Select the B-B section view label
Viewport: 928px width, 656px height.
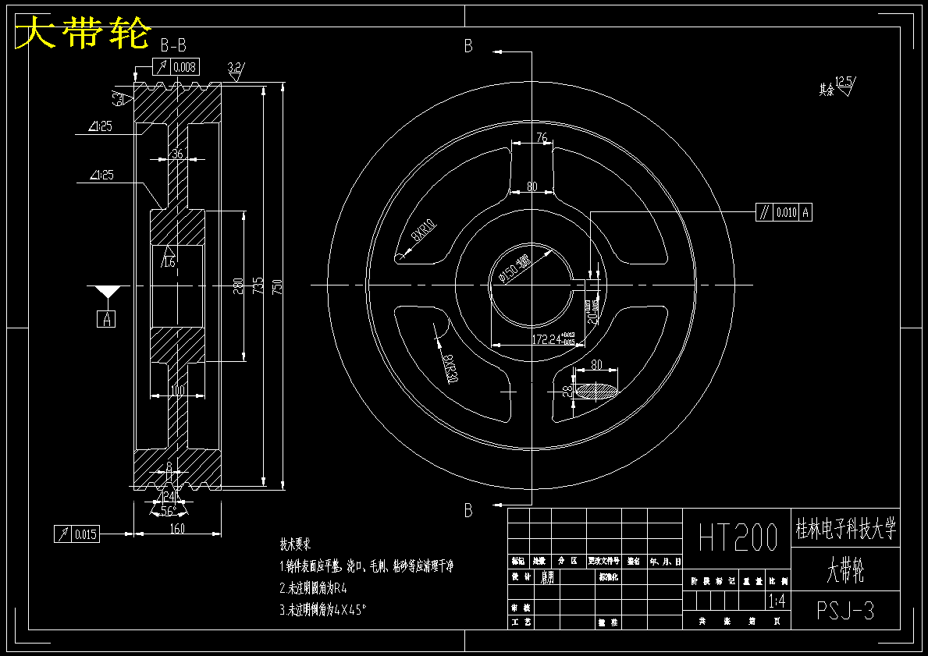pyautogui.click(x=172, y=45)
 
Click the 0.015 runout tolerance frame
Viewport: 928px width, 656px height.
pyautogui.click(x=76, y=534)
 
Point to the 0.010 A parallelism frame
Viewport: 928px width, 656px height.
pyautogui.click(x=784, y=211)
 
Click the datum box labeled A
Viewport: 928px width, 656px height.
pyautogui.click(x=106, y=318)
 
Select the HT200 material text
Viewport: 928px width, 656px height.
pyautogui.click(x=738, y=537)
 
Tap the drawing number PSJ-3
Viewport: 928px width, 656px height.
pyautogui.click(x=845, y=610)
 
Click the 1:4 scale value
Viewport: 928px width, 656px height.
pyautogui.click(x=777, y=601)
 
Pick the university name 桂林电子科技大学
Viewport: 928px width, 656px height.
pyautogui.click(x=845, y=530)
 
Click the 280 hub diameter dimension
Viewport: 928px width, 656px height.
pyautogui.click(x=238, y=285)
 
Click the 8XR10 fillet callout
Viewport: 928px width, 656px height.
pyautogui.click(x=423, y=232)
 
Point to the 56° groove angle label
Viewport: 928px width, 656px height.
pyautogui.click(x=167, y=512)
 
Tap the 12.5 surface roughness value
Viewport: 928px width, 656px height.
pyautogui.click(x=844, y=81)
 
